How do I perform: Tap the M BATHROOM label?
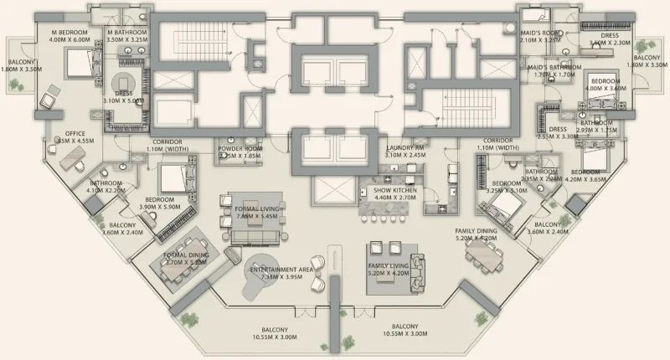tap(127, 31)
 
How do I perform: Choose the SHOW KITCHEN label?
tap(394, 190)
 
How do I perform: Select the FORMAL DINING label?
tap(185, 255)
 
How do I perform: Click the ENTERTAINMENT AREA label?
tap(281, 270)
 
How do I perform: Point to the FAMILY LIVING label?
tap(389, 265)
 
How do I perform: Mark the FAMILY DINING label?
tap(477, 230)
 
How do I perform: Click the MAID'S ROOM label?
tap(540, 33)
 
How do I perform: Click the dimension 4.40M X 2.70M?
tap(394, 198)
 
